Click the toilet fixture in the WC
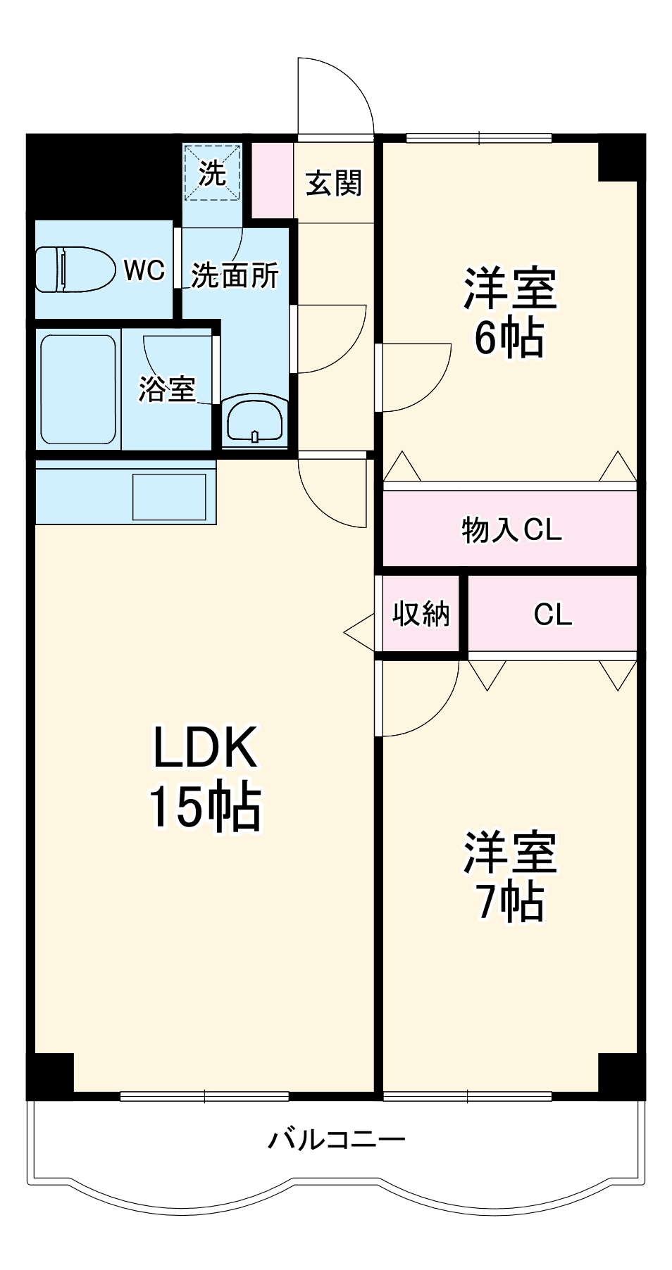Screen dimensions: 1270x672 (75, 269)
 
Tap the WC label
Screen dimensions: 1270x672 (144, 270)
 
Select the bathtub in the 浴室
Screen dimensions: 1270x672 (77, 389)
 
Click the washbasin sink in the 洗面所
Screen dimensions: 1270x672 (254, 422)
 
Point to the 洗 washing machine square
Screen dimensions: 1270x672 (212, 173)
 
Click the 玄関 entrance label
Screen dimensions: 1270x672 (334, 184)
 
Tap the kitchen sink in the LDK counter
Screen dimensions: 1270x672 (169, 496)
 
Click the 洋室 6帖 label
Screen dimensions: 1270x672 (510, 312)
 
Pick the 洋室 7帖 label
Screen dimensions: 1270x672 (510, 876)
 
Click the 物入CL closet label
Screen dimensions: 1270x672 (511, 529)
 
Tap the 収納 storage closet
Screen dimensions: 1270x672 (421, 614)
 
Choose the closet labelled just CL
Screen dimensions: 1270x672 (553, 615)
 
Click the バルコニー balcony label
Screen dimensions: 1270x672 (337, 1138)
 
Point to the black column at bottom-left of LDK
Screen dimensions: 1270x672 (51, 1074)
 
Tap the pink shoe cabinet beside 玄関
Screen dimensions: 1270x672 (272, 180)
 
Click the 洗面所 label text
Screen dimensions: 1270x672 (235, 275)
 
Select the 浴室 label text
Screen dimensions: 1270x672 (167, 389)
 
